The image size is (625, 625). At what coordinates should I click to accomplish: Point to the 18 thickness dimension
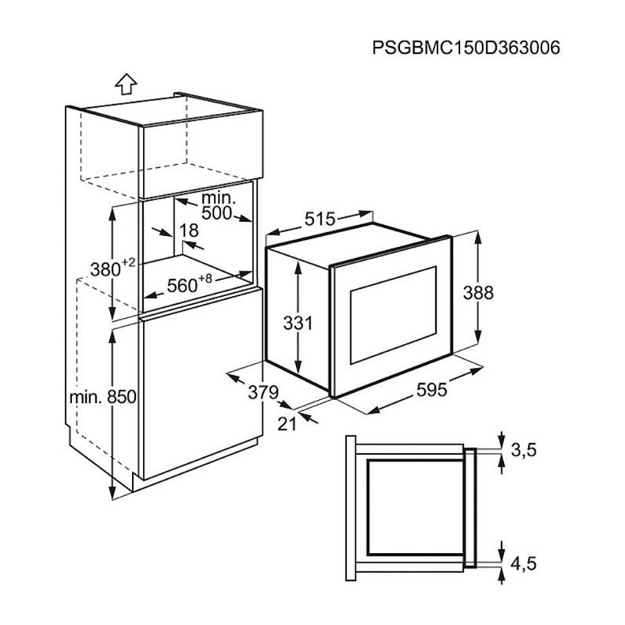tap(188, 230)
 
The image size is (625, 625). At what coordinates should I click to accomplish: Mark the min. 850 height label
tap(102, 397)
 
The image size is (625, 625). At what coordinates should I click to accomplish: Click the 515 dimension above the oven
tap(320, 220)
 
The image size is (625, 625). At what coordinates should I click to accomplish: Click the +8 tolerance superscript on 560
tap(205, 279)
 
